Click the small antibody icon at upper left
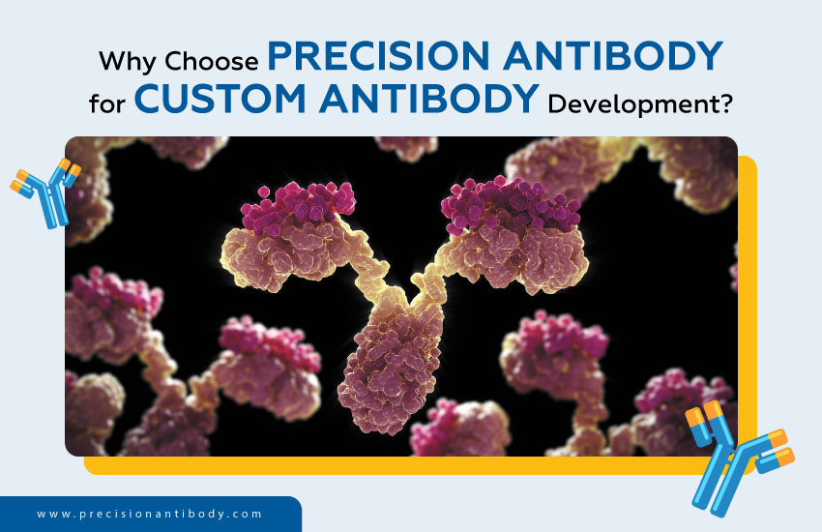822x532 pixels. pos(44,190)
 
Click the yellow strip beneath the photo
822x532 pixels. pos(387,465)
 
